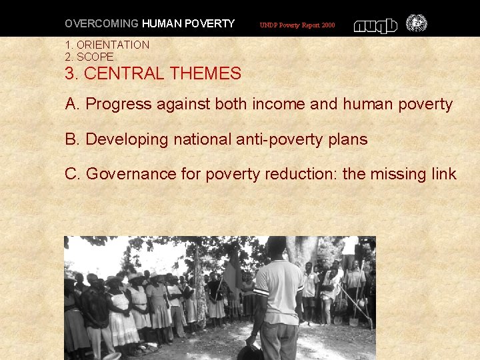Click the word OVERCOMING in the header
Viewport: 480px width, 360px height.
pyautogui.click(x=101, y=24)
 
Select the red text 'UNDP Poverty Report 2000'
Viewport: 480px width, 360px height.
pyautogui.click(x=297, y=25)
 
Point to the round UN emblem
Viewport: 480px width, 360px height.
pyautogui.click(x=417, y=24)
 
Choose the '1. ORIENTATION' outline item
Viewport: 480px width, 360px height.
pyautogui.click(x=107, y=45)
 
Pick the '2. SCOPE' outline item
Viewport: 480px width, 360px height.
pyautogui.click(x=89, y=57)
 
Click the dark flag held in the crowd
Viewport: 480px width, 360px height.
pyautogui.click(x=229, y=274)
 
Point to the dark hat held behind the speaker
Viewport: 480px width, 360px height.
pyautogui.click(x=251, y=351)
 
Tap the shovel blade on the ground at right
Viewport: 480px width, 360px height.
pyautogui.click(x=355, y=322)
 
